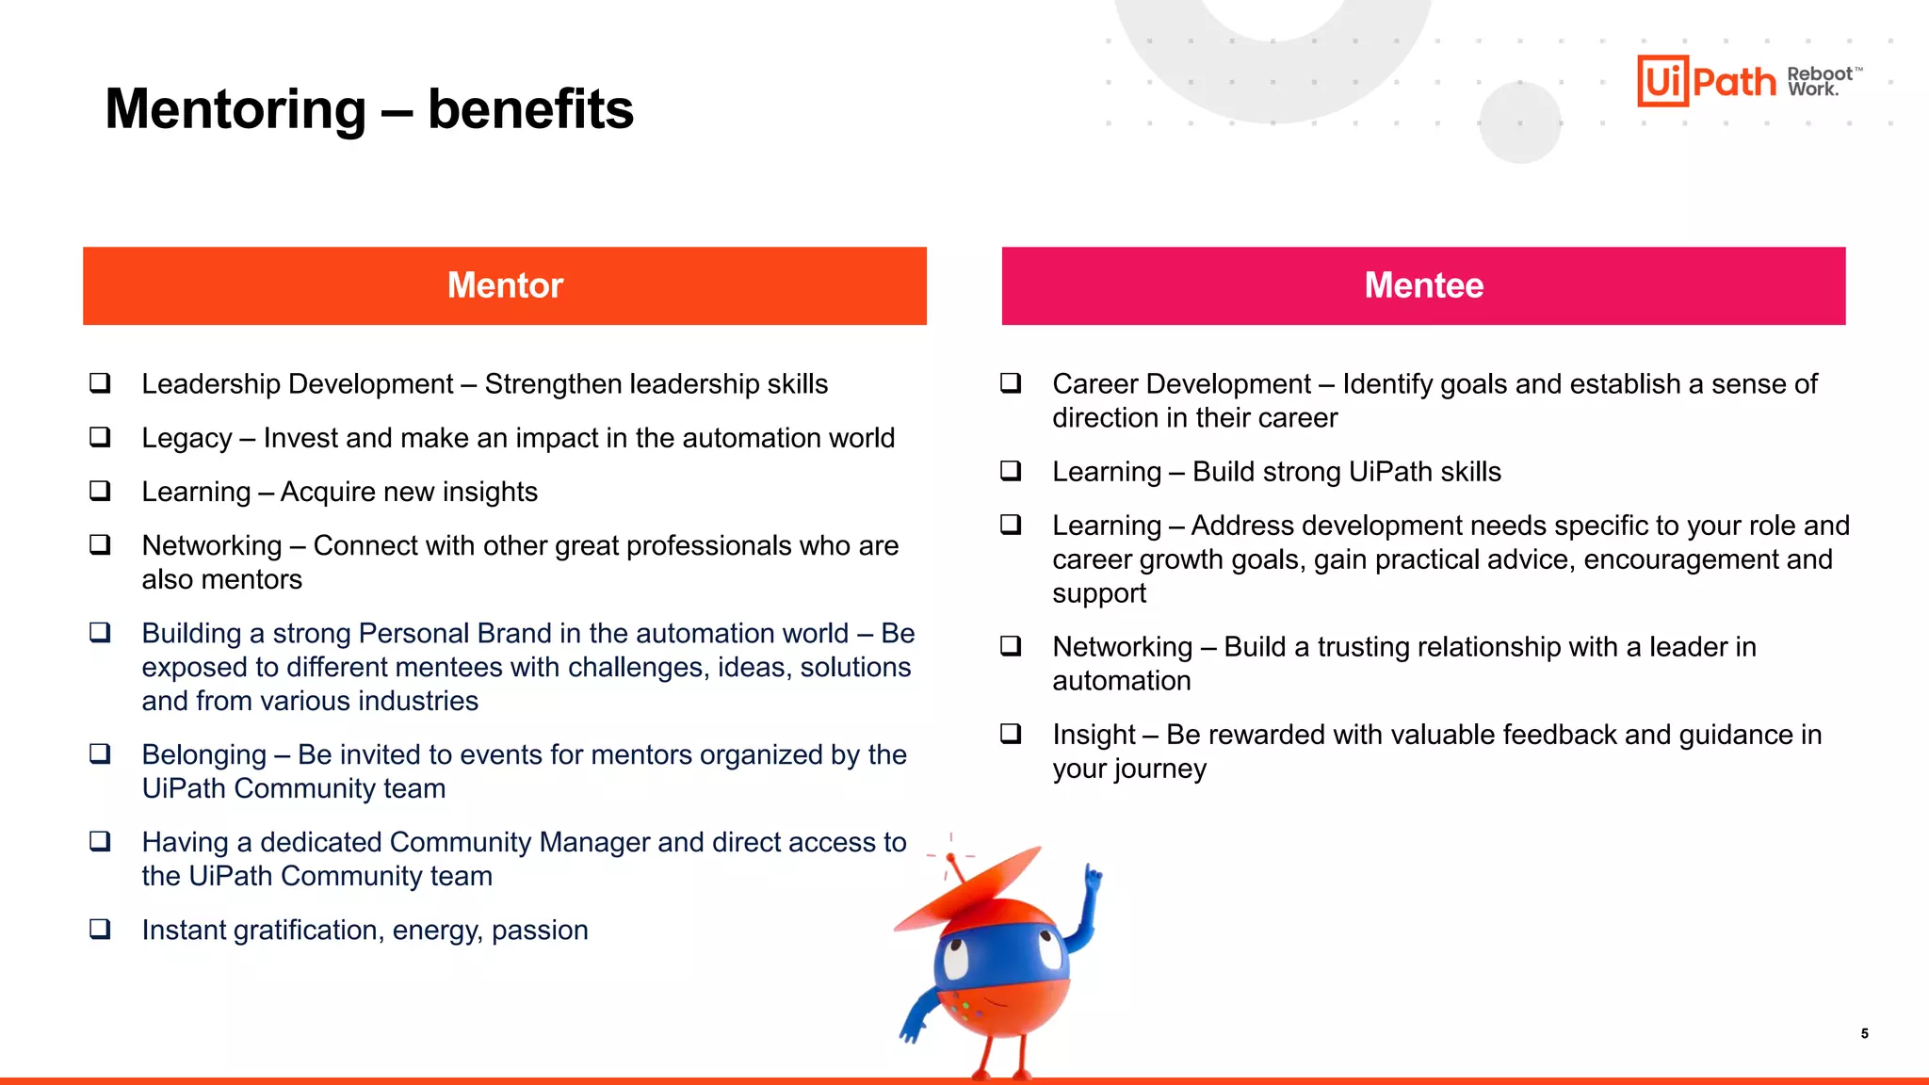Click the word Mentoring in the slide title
(235, 109)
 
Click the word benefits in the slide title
(530, 109)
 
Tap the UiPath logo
(1706, 81)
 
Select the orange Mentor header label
(505, 285)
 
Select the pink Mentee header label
(1423, 285)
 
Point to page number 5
(1864, 1033)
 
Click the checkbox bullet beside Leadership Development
(100, 383)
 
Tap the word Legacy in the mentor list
(186, 438)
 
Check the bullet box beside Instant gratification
(100, 930)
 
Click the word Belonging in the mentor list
(204, 754)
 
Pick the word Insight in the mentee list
(1094, 735)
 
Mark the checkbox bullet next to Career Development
(1011, 383)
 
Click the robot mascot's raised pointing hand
(1093, 878)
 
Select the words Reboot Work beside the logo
(1819, 81)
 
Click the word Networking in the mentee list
(1122, 647)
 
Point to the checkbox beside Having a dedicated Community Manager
(100, 842)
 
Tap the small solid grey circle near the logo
(1519, 122)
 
